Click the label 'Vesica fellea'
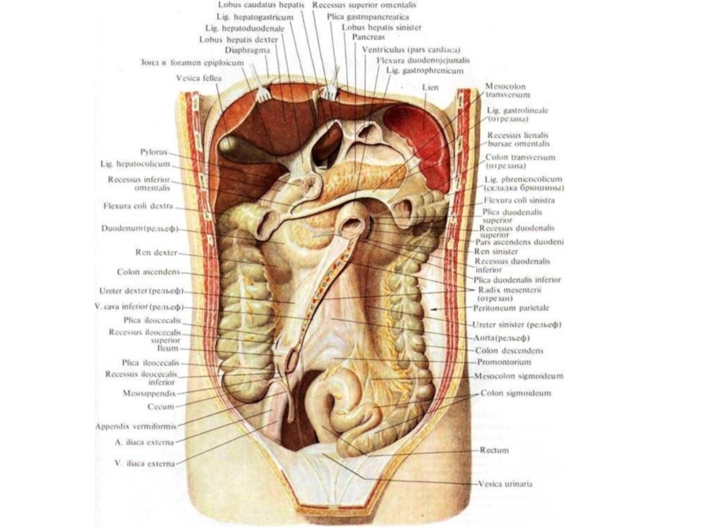coord(199,77)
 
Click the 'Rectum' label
coord(495,451)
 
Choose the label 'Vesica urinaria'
coord(505,483)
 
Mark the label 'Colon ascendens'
coord(149,271)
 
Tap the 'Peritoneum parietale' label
coord(515,308)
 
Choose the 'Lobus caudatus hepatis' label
coord(262,5)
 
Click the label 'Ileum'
coord(167,348)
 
